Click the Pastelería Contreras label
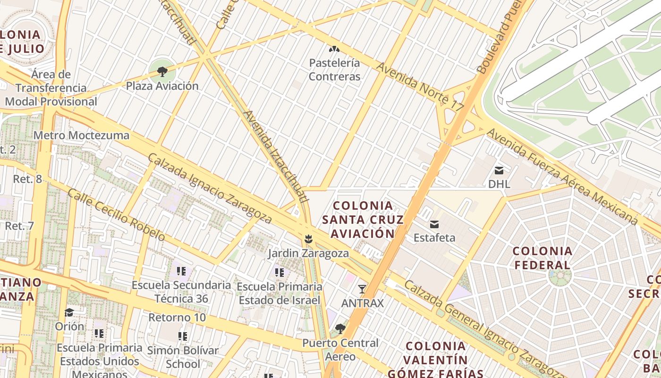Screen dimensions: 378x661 pos(334,69)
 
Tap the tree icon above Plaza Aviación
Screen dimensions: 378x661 pos(162,72)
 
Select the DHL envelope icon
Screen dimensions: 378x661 pos(499,171)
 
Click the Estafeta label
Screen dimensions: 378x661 pos(434,237)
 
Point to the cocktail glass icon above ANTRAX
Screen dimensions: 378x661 pos(362,289)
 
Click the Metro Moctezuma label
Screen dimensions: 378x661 pos(81,136)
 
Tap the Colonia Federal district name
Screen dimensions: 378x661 pos(542,258)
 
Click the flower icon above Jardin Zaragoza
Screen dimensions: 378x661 pos(308,239)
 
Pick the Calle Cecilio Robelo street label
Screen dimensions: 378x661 pos(116,215)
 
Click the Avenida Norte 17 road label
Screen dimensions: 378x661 pos(420,87)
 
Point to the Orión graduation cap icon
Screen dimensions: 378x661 pos(69,313)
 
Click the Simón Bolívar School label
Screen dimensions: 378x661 pos(183,357)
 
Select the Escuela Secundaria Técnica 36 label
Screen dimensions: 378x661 pos(181,292)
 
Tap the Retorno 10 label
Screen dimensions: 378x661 pos(177,317)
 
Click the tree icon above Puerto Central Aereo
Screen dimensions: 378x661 pos(340,329)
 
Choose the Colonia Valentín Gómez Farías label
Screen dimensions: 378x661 pos(435,360)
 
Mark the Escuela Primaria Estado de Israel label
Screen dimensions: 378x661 pos(280,293)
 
